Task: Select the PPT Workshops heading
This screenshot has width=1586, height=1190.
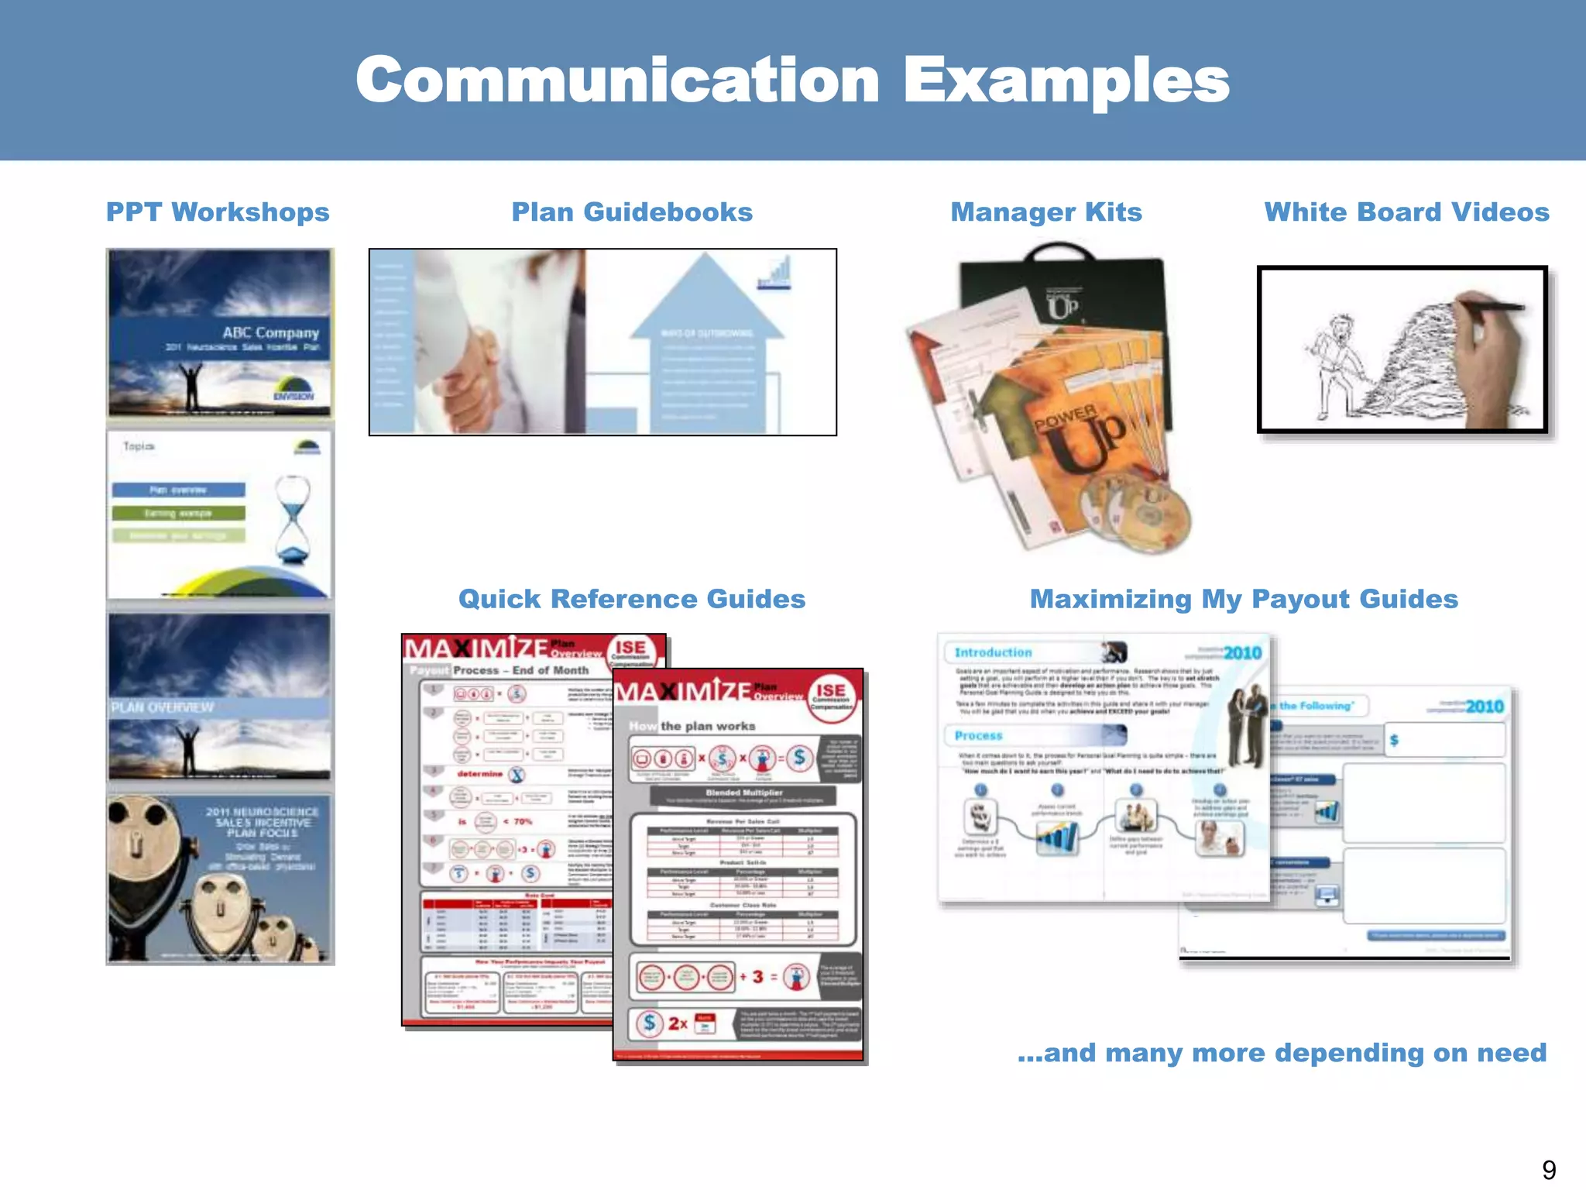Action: [218, 212]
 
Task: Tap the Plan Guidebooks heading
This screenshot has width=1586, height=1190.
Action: [632, 212]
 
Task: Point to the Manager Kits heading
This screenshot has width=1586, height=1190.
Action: [1045, 212]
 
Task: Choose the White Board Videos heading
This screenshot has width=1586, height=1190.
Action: [1406, 212]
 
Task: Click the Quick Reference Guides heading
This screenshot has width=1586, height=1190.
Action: [632, 599]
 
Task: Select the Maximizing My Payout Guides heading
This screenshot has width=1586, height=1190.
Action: [1244, 599]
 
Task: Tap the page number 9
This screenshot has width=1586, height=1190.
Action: [1548, 1169]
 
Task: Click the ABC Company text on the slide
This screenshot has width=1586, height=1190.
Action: [270, 332]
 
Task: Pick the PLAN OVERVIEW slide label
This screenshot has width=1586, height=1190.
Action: [162, 707]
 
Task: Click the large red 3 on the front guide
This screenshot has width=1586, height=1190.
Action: [757, 977]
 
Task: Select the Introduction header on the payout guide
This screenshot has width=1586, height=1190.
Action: [993, 652]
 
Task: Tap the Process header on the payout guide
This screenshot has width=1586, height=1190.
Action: [978, 735]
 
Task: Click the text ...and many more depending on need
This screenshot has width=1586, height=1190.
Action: [1281, 1053]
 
